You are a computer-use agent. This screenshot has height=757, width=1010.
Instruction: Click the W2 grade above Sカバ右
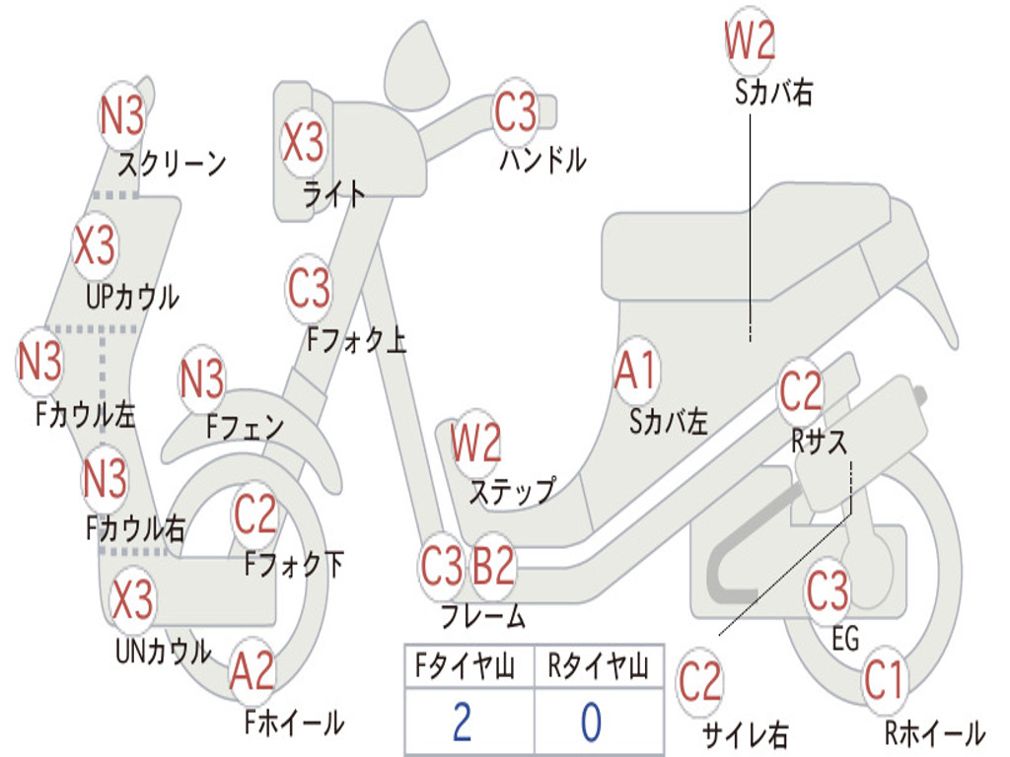(x=750, y=40)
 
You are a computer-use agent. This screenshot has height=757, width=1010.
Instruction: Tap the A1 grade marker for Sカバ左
(x=635, y=372)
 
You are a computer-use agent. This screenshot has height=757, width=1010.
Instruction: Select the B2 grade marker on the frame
(x=493, y=565)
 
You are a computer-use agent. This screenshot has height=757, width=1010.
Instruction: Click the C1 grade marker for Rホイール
(x=884, y=680)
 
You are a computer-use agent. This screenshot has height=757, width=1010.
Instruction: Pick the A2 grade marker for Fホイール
(x=252, y=670)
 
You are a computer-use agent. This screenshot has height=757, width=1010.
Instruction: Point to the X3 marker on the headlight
(x=304, y=142)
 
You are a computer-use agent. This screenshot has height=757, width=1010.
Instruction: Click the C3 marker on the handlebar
(x=515, y=110)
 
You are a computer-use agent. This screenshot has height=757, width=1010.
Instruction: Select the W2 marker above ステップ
(x=475, y=443)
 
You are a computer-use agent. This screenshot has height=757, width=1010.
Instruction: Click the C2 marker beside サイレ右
(x=700, y=682)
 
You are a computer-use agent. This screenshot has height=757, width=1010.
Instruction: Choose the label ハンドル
(x=543, y=161)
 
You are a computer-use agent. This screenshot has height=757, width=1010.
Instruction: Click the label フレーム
(x=483, y=616)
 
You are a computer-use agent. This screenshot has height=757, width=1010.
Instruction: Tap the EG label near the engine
(x=845, y=639)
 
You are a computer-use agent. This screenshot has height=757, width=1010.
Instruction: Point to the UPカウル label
(x=133, y=298)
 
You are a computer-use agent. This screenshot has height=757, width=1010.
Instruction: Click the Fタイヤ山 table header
(x=466, y=665)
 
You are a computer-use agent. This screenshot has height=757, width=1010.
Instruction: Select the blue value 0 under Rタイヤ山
(x=592, y=722)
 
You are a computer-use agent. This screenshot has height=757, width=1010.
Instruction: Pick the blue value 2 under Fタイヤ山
(x=462, y=722)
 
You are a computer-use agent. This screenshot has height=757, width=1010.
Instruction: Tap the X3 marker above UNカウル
(x=133, y=598)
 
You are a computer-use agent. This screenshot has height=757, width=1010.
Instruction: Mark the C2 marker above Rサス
(x=801, y=391)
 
